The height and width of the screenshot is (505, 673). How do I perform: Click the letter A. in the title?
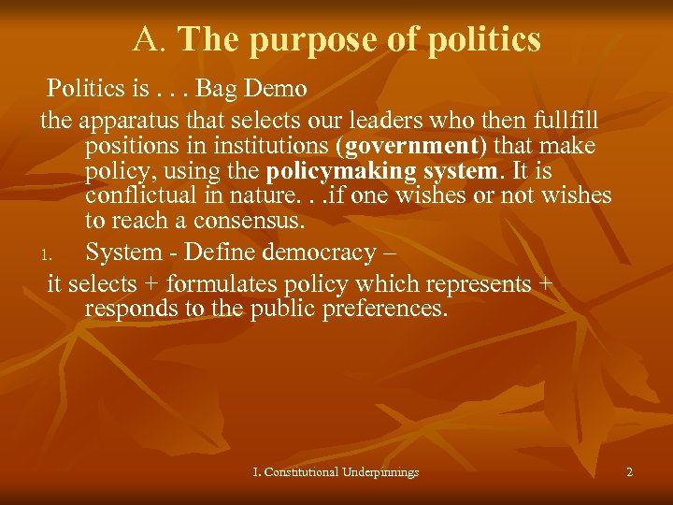coord(150,40)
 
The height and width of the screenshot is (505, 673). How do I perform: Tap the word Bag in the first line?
coord(223,89)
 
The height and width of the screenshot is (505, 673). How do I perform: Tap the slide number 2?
coord(629,472)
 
